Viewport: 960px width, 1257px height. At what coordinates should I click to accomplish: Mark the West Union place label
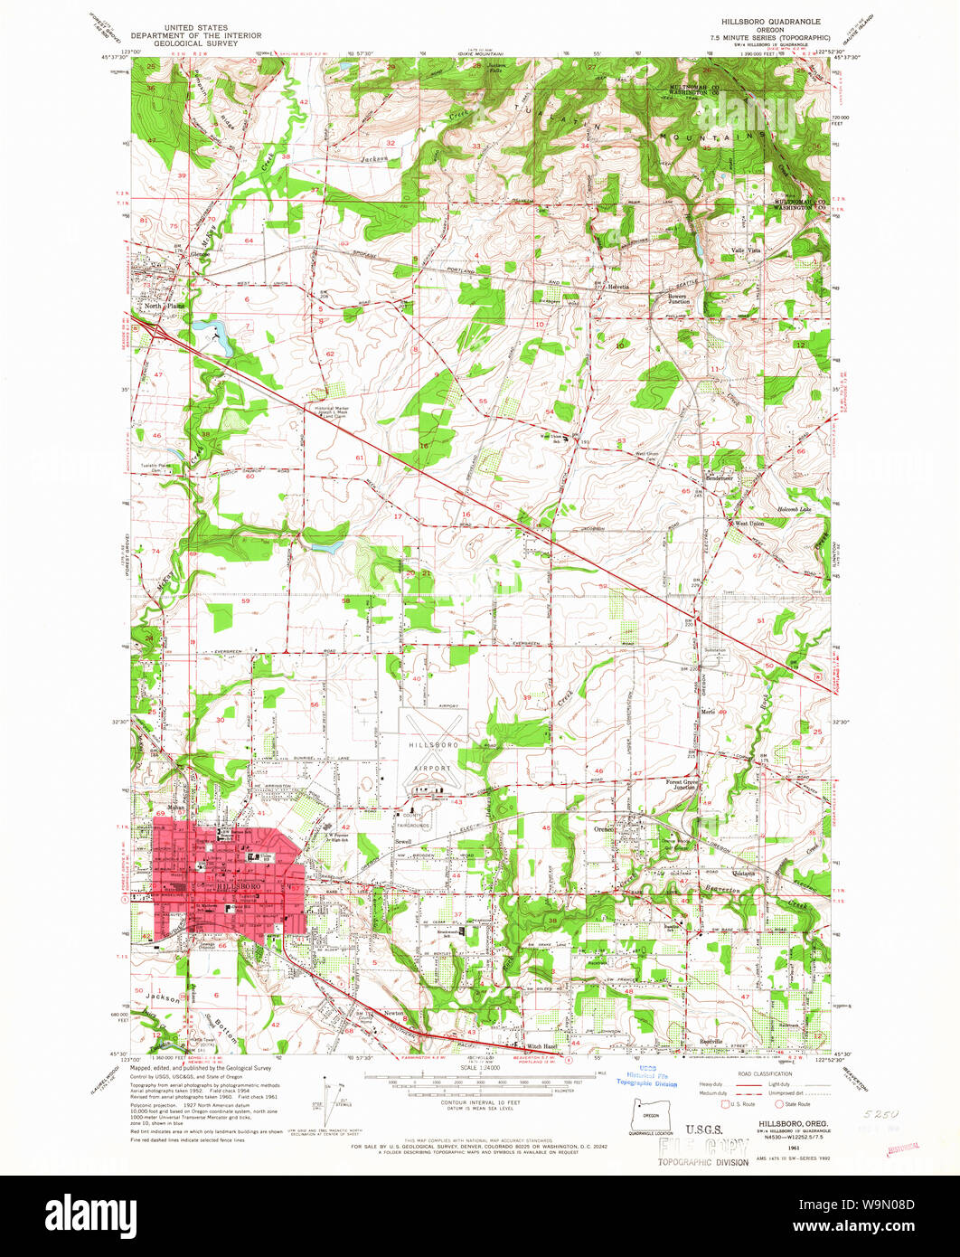(x=749, y=524)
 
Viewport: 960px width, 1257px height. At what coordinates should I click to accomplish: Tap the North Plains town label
(x=159, y=307)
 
